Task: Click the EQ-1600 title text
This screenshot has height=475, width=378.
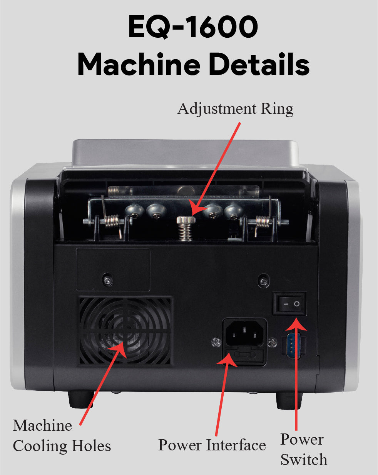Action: [x=193, y=27]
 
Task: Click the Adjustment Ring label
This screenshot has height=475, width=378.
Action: [x=235, y=109]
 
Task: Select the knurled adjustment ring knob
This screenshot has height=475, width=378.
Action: [x=186, y=220]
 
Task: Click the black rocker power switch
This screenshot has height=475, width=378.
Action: [x=290, y=304]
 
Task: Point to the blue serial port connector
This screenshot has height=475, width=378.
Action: [x=293, y=345]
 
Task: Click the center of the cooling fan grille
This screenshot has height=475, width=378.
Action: [x=125, y=332]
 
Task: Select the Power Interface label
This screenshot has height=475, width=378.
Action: [x=212, y=445]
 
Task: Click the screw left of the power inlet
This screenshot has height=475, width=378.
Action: [x=216, y=342]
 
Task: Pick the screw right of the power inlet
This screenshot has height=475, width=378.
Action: [x=273, y=343]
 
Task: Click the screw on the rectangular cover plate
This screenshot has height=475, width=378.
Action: [x=108, y=280]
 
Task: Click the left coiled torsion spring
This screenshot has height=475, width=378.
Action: [x=111, y=221]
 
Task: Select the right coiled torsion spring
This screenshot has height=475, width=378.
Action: [x=262, y=222]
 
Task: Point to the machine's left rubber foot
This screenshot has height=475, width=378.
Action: [x=81, y=399]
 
